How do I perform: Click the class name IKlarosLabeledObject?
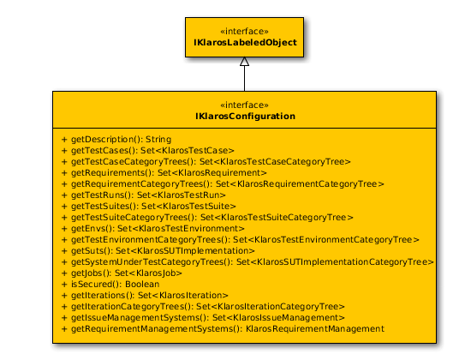pos(245,43)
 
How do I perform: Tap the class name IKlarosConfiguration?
pos(245,117)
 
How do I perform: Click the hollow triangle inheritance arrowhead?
pos(244,62)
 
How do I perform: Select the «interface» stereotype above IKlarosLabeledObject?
pos(244,31)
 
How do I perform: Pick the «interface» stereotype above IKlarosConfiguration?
pos(244,105)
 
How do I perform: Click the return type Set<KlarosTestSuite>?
pos(188,207)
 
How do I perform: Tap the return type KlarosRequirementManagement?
pos(315,329)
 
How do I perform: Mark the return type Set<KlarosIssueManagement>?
pos(278,317)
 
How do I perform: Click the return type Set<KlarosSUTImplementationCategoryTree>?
pos(335,262)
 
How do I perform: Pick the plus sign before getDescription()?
pos(64,140)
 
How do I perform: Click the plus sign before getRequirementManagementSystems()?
pos(64,329)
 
